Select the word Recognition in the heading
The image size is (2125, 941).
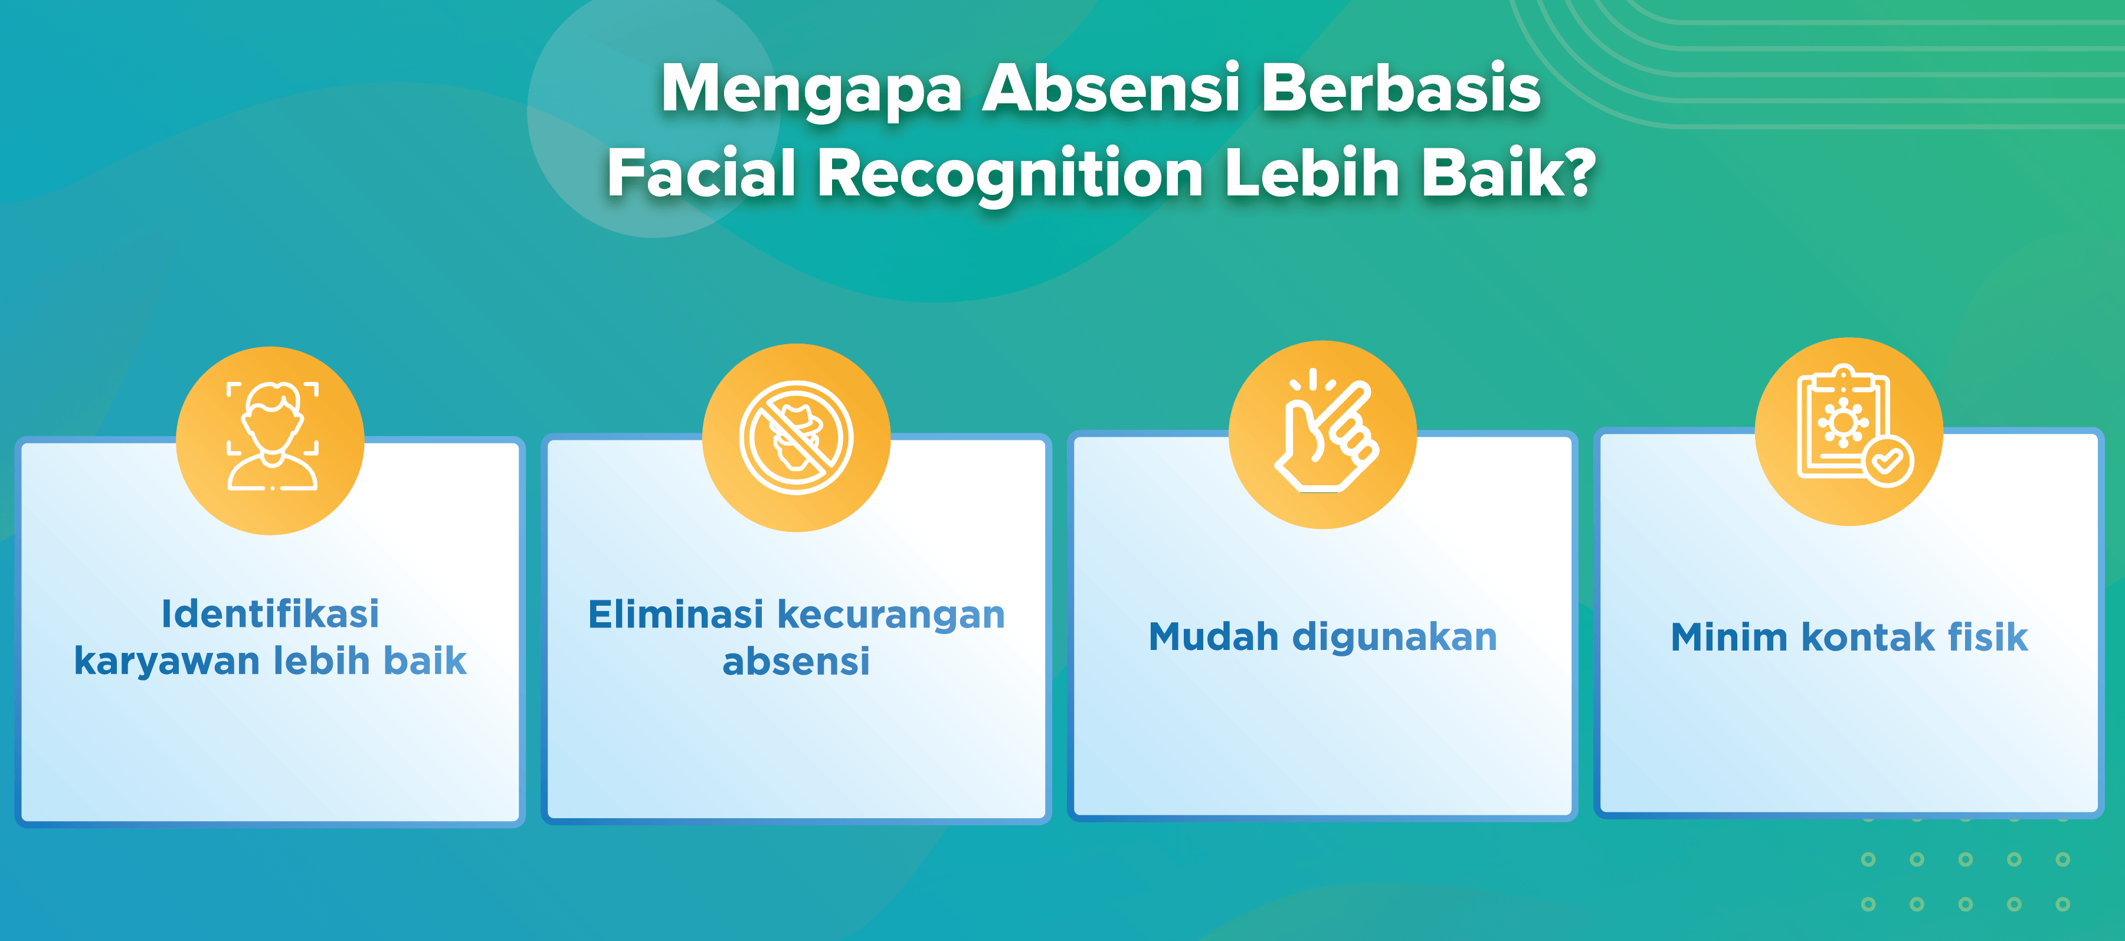(x=1010, y=175)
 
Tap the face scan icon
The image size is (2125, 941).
(x=272, y=437)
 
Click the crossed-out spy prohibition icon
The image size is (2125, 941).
(x=796, y=437)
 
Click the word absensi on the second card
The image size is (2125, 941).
(x=796, y=661)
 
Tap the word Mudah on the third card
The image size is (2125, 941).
(x=1213, y=636)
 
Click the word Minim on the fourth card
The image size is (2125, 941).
(x=1729, y=637)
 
